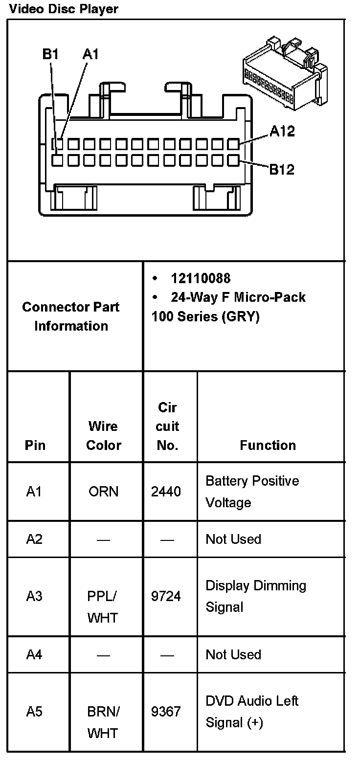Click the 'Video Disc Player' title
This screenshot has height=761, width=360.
point(64,9)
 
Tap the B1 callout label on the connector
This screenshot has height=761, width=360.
point(50,55)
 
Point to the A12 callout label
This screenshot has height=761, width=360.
point(282,131)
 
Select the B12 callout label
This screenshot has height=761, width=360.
point(282,169)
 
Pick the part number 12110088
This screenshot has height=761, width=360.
point(201,278)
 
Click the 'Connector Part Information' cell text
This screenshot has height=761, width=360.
point(71,316)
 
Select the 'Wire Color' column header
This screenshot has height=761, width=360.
point(104,435)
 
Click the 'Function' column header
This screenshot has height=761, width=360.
point(268,445)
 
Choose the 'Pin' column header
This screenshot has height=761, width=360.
point(35,445)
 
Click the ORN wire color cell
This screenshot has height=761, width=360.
point(104,492)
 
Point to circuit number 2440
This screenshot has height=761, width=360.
point(166,492)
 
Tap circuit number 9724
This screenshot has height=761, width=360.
point(166,596)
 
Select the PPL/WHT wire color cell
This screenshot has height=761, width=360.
point(103,607)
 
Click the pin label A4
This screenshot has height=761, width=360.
point(34,654)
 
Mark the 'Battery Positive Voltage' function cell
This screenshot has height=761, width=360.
point(252,492)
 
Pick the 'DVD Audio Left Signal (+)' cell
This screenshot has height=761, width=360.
point(252,712)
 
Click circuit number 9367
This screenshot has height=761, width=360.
point(166,712)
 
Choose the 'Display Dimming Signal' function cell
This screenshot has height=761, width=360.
point(256,596)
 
